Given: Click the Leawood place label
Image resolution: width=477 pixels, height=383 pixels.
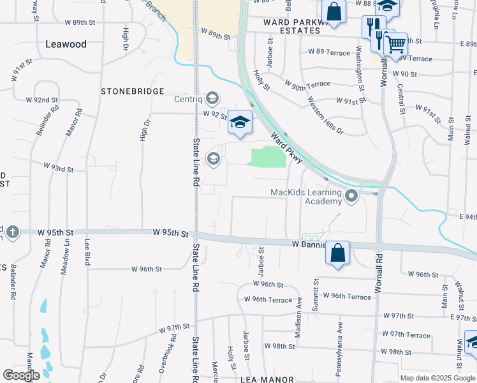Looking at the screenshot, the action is (66, 44).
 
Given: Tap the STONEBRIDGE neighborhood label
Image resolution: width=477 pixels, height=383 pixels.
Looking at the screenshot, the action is (133, 91).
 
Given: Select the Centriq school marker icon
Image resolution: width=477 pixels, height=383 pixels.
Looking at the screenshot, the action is (212, 99).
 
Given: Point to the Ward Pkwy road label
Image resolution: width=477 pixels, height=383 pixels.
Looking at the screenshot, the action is (286, 147).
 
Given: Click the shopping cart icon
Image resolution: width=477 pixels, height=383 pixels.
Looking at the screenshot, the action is (396, 45).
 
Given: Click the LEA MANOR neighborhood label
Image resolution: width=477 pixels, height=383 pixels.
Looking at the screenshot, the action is (265, 379).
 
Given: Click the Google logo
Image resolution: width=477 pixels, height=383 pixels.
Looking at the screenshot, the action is (21, 375).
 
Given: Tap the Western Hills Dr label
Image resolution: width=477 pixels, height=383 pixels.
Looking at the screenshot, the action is (325, 116).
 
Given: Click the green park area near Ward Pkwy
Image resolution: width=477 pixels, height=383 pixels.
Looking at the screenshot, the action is (267, 156).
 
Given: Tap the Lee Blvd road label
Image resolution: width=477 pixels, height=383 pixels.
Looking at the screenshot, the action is (86, 253).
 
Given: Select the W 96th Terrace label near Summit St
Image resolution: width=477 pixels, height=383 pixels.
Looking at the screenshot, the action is (347, 296).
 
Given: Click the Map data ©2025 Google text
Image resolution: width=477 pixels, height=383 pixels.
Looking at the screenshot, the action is (437, 377).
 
